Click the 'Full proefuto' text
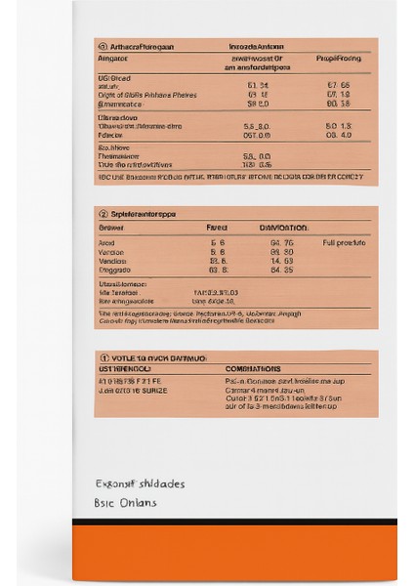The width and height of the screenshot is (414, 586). pos(344,241)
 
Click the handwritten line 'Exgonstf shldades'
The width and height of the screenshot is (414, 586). pos(140,483)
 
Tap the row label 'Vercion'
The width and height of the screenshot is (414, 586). pos(112,251)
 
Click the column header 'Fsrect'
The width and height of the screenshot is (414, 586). pos(217,227)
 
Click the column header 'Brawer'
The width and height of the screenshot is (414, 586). pos(113,227)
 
